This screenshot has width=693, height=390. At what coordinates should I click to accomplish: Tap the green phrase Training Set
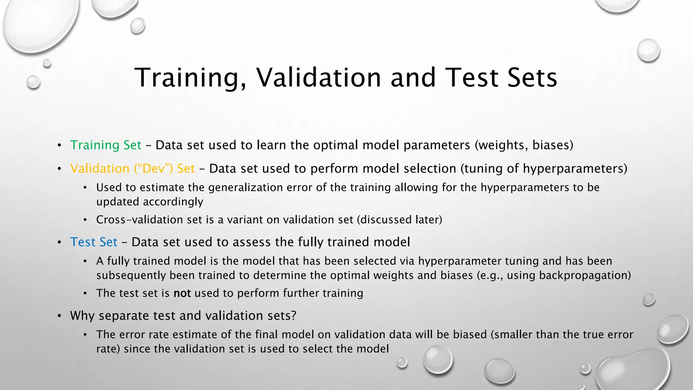coord(106,145)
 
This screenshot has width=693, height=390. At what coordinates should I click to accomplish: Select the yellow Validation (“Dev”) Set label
coord(132,169)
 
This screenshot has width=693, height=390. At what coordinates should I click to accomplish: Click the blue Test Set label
coord(94,242)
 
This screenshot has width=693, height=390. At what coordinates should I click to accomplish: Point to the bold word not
coord(182,293)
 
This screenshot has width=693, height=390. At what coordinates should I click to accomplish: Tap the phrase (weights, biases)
coord(524,145)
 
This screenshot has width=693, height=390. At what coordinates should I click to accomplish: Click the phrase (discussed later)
coord(400,220)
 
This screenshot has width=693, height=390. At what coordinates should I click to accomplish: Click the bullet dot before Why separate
coord(59,316)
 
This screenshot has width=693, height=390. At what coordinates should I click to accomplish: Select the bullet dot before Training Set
coord(59,146)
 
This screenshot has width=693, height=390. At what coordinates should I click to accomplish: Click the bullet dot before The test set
coord(85,294)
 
